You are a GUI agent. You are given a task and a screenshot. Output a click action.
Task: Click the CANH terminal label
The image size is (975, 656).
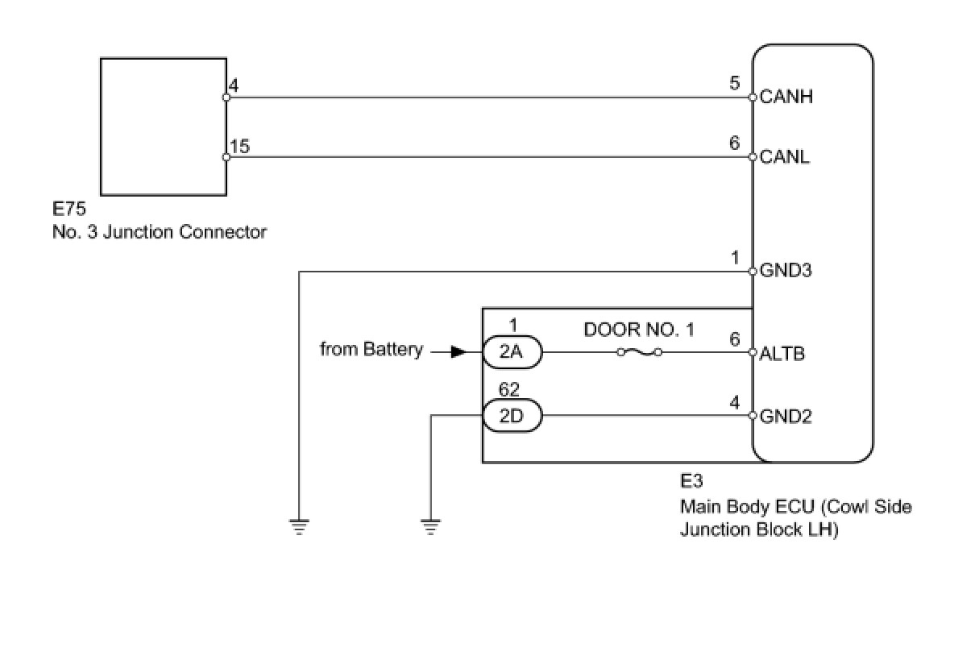coord(786,97)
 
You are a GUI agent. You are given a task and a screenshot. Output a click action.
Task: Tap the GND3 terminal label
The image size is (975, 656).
coord(786,271)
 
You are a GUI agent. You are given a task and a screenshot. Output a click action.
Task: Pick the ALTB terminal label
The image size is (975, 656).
coord(782,353)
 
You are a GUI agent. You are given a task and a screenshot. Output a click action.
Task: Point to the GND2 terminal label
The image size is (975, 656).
coord(786,417)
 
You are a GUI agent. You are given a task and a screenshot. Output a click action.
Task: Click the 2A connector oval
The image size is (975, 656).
coord(512,352)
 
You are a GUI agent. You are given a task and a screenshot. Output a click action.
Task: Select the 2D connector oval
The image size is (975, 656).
coord(512,417)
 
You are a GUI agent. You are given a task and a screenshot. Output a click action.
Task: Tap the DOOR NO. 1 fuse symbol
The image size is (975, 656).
coord(639,352)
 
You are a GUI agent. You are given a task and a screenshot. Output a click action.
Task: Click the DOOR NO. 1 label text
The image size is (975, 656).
coord(639,329)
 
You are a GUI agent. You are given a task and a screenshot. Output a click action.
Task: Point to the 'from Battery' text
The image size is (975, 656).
coord(371,350)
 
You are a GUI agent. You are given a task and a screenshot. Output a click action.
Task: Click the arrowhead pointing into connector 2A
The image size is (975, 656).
coord(457,352)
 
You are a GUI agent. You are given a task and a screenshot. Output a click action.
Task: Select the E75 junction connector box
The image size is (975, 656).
coord(163,126)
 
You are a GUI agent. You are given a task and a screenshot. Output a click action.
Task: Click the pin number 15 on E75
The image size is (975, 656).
coord(239,146)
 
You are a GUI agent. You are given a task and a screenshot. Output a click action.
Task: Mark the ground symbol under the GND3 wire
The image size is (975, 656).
coord(299,527)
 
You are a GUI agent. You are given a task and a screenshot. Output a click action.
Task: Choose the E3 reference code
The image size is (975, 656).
coord(691,482)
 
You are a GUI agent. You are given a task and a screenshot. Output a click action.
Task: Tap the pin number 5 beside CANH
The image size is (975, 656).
coord(734,83)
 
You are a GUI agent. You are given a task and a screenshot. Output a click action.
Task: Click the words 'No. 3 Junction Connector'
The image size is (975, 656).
coord(160,232)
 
